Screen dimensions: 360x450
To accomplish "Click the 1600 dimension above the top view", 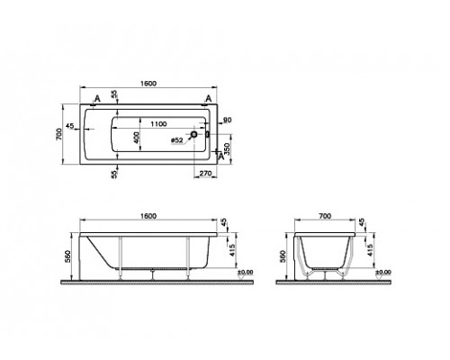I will pos(148,85).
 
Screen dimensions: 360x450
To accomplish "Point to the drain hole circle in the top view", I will pos(191,138).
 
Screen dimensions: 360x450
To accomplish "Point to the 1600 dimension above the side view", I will pos(148,217).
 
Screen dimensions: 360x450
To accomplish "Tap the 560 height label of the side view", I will pos(67,255).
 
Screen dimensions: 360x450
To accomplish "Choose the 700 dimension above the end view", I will pos(328,217).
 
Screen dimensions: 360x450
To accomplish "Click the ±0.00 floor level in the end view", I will pos(383,271).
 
